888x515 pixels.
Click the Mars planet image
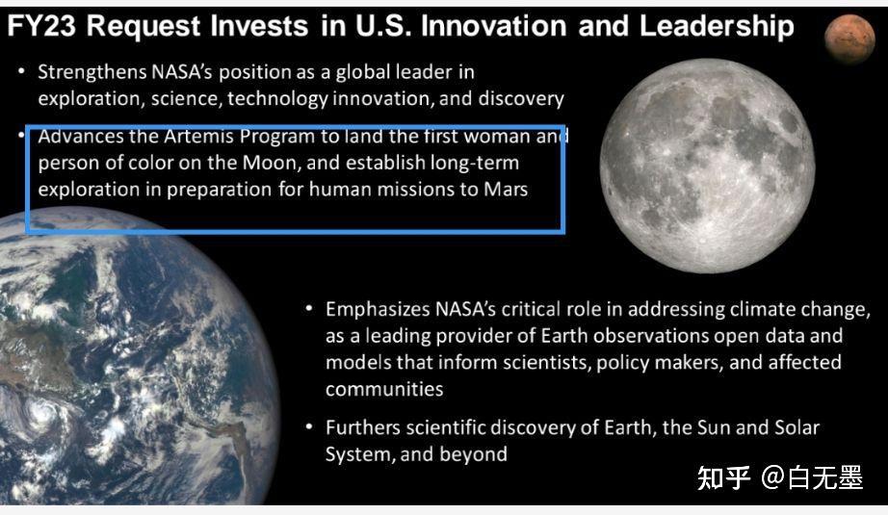pyautogui.click(x=849, y=39)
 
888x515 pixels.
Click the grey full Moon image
pyautogui.click(x=707, y=166)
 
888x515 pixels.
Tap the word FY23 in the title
pyautogui.click(x=41, y=26)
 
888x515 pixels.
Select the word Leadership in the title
pyautogui.click(x=717, y=27)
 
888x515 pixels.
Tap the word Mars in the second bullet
pyautogui.click(x=506, y=189)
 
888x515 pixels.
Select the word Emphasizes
pyautogui.click(x=378, y=310)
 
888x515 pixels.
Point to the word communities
pyautogui.click(x=384, y=389)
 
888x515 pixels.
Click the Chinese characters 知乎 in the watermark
pyautogui.click(x=723, y=477)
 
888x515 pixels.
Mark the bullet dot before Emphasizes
pyautogui.click(x=309, y=308)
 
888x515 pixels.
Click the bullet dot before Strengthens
pyautogui.click(x=21, y=71)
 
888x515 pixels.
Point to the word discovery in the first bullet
pyautogui.click(x=521, y=99)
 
